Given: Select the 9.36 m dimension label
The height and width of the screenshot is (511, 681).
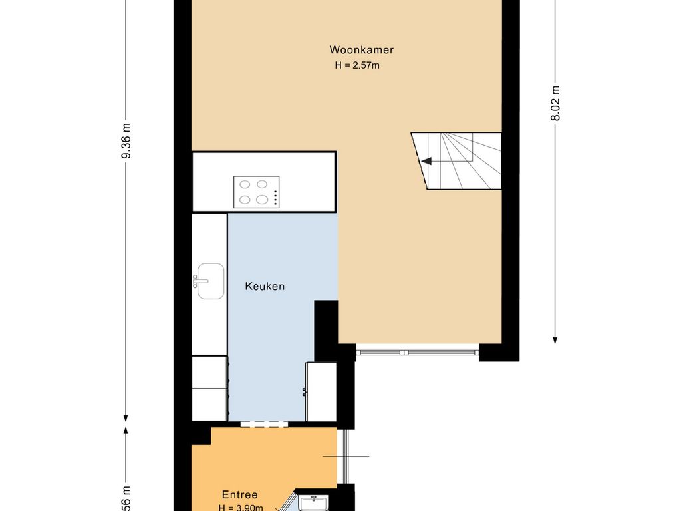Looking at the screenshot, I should (x=126, y=141).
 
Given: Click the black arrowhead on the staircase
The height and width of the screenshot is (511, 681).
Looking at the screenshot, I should (x=426, y=161).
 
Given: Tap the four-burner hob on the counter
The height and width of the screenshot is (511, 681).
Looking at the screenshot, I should (x=256, y=192).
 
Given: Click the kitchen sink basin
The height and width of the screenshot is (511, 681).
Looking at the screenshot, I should (x=211, y=281).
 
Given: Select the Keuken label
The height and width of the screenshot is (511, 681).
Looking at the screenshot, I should (x=265, y=287).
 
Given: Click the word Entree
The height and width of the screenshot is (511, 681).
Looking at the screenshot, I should (x=239, y=495).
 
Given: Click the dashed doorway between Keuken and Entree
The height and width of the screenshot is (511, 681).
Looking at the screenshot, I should (x=264, y=424).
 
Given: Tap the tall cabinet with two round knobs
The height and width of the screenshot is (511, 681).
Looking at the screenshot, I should (x=320, y=391).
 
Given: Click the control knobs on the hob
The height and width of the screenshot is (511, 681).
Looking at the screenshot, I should (x=275, y=192).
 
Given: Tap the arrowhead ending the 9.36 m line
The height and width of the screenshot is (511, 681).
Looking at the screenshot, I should (x=126, y=417).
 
